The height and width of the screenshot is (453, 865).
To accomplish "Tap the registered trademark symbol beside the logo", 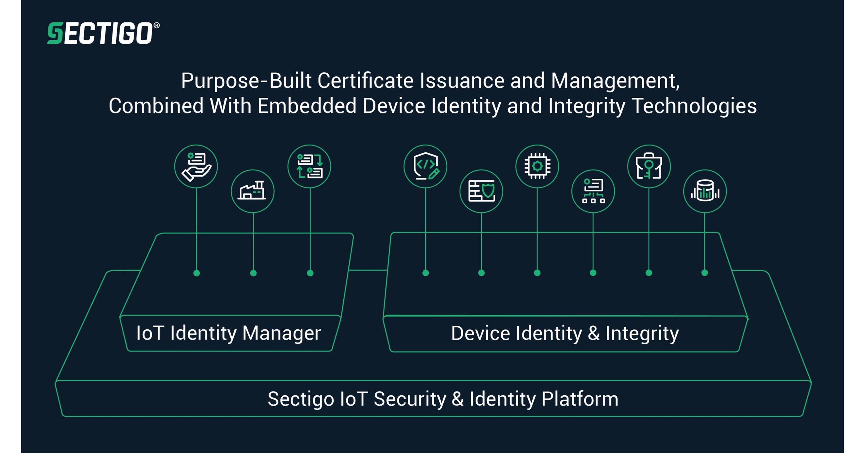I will pyautogui.click(x=156, y=26).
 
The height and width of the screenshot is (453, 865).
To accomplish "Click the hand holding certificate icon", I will pyautogui.click(x=196, y=167).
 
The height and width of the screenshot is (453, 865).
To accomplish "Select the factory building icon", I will pyautogui.click(x=253, y=191).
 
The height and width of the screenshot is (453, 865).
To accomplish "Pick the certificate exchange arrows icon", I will pyautogui.click(x=309, y=167).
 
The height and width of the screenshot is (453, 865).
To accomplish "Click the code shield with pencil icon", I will pyautogui.click(x=425, y=167).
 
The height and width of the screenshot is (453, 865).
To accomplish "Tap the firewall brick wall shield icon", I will pyautogui.click(x=481, y=191).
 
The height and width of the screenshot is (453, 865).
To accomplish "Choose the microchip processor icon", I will pyautogui.click(x=537, y=167).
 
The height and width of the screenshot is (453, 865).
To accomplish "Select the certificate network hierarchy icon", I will pyautogui.click(x=593, y=191).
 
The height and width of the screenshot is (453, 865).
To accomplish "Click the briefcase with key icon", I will pyautogui.click(x=649, y=167).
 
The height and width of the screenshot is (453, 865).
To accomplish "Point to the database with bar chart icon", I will pyautogui.click(x=705, y=191).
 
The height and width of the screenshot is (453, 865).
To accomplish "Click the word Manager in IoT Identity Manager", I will pyautogui.click(x=281, y=333).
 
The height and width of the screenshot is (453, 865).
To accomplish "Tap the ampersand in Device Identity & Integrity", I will pyautogui.click(x=594, y=333).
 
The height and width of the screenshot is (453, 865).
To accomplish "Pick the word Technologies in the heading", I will pyautogui.click(x=694, y=106).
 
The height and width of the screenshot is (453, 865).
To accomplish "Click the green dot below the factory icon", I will pyautogui.click(x=254, y=273).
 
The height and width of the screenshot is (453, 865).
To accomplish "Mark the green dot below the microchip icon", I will pyautogui.click(x=537, y=273).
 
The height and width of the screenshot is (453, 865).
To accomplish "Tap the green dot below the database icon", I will pyautogui.click(x=705, y=273).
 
